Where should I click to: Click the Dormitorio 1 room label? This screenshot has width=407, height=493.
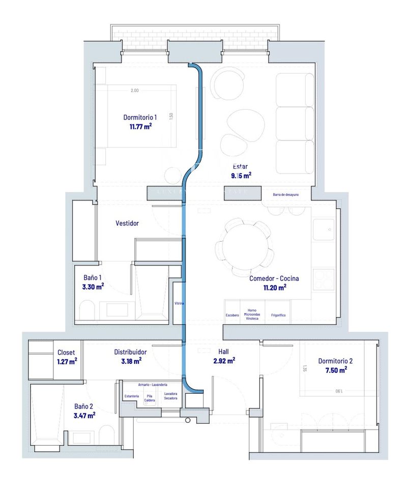[140, 117]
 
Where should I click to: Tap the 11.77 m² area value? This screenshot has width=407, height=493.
[140, 126]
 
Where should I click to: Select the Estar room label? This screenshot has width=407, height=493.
[241, 166]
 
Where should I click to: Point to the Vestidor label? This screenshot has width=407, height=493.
[127, 223]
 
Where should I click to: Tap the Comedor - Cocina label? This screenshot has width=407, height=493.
[274, 278]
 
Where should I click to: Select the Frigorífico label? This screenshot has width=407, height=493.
[278, 315]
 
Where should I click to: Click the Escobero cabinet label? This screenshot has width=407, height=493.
[232, 315]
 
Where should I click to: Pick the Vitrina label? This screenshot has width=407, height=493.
[179, 303]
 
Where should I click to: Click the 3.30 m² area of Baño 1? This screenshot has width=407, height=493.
[94, 287]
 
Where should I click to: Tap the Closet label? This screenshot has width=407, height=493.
[66, 352]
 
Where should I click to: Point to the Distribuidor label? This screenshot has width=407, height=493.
[130, 352]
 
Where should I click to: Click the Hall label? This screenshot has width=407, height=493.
[224, 352]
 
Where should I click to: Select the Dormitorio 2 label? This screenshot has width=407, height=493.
[336, 361]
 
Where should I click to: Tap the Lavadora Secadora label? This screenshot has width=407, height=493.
[171, 396]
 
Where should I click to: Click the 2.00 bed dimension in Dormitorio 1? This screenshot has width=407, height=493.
[134, 91]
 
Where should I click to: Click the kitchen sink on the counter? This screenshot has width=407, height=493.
[324, 230]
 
